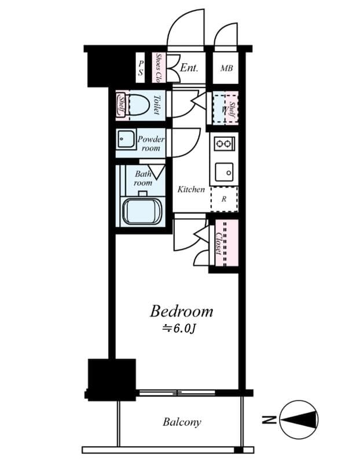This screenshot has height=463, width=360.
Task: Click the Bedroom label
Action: pos(181,311)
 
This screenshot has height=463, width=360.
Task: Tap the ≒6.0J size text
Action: pos(181,328)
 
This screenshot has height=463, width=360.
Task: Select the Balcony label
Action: pos(182,422)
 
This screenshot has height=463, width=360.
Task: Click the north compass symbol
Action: pos(299,420)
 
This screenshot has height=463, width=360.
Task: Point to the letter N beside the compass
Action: pos(267,420)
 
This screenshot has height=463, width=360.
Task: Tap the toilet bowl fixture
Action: pos(138,105)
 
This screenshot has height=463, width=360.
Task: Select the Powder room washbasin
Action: pos(124,139)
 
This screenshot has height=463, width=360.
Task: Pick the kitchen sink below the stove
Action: pos(223,172)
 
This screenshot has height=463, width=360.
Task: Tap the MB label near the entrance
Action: pos(226,68)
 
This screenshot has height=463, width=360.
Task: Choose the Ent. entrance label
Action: pos(189,68)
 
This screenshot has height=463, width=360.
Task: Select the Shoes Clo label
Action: pos(159,68)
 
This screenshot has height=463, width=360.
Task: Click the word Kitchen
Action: pos(191,189)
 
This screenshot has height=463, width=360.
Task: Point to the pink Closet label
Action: pos(219,244)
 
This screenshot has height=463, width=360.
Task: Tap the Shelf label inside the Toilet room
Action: pos(122,105)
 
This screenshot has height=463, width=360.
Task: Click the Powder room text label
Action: pos(150,144)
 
